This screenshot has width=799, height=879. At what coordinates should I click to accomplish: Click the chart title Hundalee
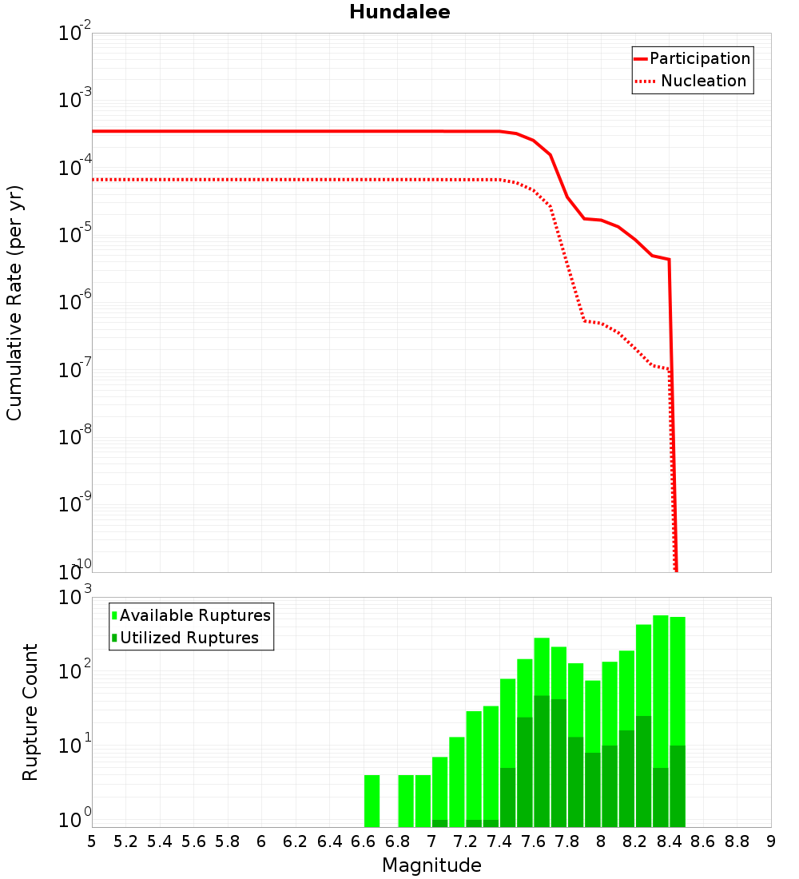click(399, 13)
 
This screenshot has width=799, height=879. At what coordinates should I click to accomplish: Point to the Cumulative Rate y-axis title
click(14, 302)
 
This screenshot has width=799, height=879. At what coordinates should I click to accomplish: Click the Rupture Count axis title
click(30, 711)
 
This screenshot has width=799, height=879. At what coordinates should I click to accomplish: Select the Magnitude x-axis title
click(431, 865)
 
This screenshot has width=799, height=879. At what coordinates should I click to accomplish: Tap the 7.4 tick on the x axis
click(499, 841)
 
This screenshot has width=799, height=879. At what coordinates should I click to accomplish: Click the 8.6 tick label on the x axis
click(703, 841)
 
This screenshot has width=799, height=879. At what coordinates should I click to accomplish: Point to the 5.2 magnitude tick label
click(126, 841)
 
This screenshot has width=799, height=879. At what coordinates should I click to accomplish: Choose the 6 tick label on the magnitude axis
click(261, 841)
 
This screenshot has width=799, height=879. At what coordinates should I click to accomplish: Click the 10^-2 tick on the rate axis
click(74, 34)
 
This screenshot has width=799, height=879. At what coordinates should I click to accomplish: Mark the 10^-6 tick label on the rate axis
click(74, 303)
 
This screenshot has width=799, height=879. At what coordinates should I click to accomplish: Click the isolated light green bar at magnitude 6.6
click(372, 801)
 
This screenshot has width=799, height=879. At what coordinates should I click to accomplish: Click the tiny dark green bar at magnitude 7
click(439, 823)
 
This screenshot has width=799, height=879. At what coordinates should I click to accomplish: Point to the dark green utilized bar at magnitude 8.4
click(678, 786)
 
